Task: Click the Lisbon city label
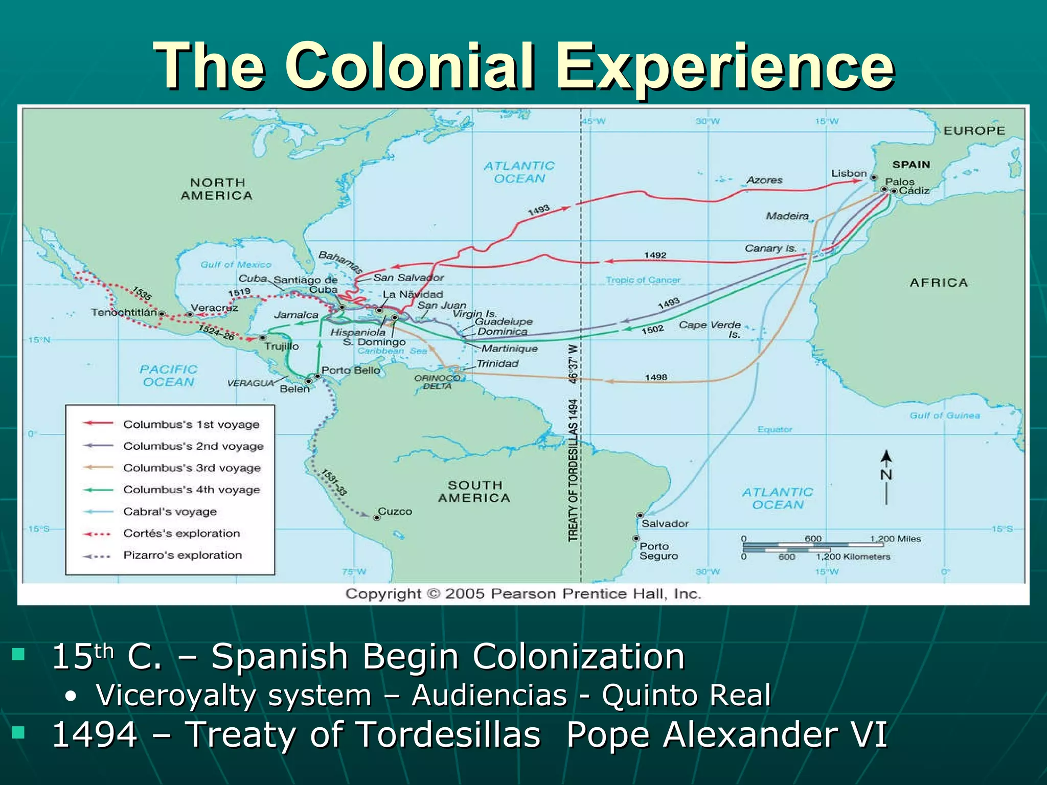(x=849, y=174)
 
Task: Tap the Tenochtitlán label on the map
(x=124, y=312)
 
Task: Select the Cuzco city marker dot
(x=377, y=518)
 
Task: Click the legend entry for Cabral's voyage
(x=170, y=512)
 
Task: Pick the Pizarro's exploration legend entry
(x=182, y=555)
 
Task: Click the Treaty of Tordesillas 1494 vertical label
(x=573, y=470)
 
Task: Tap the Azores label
(x=764, y=180)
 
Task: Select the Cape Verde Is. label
(x=711, y=329)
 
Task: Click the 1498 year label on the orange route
(x=656, y=377)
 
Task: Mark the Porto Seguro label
(x=658, y=551)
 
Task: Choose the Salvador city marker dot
(x=640, y=515)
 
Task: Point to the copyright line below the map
(x=523, y=594)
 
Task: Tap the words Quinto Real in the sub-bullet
(x=686, y=695)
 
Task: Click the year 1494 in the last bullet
(x=95, y=734)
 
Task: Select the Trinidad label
(x=497, y=363)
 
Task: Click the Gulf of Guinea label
(x=945, y=415)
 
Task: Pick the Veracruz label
(x=214, y=308)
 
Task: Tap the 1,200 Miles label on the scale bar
(x=895, y=539)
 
